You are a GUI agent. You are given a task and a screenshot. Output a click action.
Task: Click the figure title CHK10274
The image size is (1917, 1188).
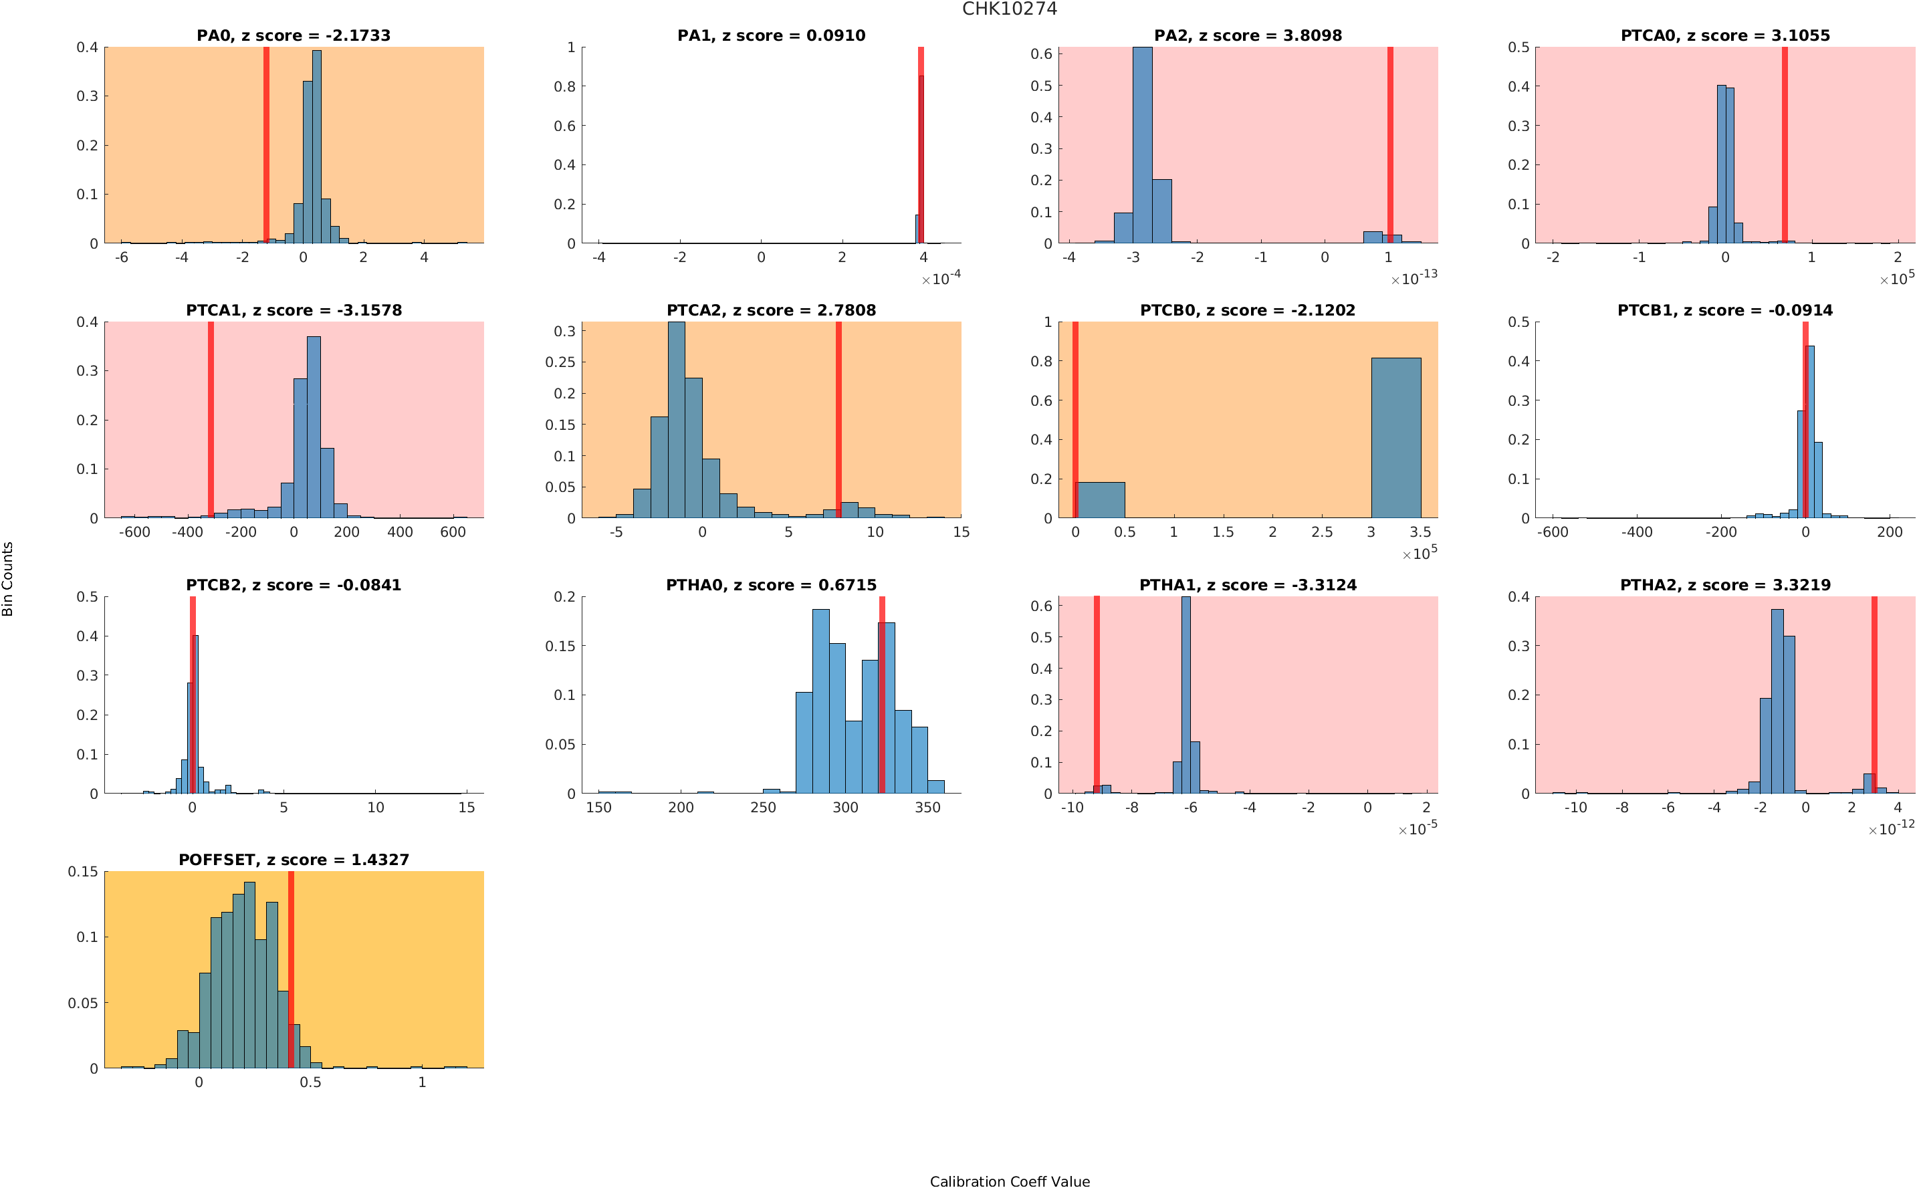(1009, 9)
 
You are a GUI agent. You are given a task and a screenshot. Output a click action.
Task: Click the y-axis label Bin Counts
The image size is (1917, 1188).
(8, 578)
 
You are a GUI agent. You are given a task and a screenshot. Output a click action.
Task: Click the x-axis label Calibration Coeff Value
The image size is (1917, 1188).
(1009, 1180)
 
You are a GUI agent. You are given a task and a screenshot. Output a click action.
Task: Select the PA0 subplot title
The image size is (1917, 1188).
(293, 35)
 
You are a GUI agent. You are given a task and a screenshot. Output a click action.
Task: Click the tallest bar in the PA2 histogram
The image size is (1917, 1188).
(1141, 145)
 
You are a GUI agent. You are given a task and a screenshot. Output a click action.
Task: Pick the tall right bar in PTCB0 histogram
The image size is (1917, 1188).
(1395, 438)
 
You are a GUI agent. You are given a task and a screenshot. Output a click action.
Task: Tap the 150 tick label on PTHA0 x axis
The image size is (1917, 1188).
(598, 807)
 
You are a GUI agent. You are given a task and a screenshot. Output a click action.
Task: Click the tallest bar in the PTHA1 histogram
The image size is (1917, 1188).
(1186, 695)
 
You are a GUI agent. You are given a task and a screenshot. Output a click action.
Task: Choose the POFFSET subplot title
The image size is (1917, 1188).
(293, 860)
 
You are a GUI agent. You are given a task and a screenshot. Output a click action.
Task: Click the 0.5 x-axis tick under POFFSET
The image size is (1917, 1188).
(310, 1082)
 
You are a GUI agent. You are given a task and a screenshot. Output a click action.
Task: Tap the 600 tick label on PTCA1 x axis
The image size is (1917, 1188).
(453, 532)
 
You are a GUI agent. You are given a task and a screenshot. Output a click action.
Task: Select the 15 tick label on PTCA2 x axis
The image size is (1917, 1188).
(960, 532)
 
